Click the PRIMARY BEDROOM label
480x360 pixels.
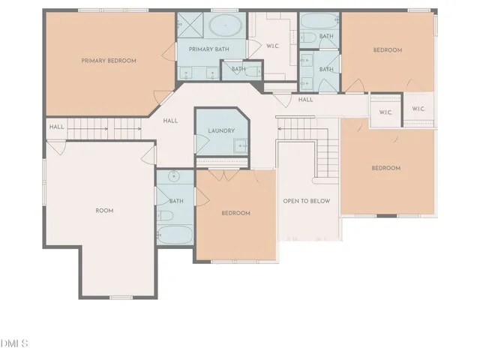point(109,60)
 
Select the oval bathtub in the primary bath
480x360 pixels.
point(223,27)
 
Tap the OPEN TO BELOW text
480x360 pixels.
point(306,201)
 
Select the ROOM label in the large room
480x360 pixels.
point(104,211)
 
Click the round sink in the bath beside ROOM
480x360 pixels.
point(174,178)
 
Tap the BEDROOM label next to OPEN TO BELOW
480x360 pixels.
point(235,213)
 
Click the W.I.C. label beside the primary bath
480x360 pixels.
point(272,46)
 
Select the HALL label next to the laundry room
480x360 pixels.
point(170,120)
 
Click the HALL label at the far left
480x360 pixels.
point(56,127)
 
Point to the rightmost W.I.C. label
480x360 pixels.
point(418,109)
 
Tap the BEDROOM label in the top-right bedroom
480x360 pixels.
point(388,50)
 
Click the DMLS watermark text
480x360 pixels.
point(13,343)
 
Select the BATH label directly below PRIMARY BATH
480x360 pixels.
point(238,69)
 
